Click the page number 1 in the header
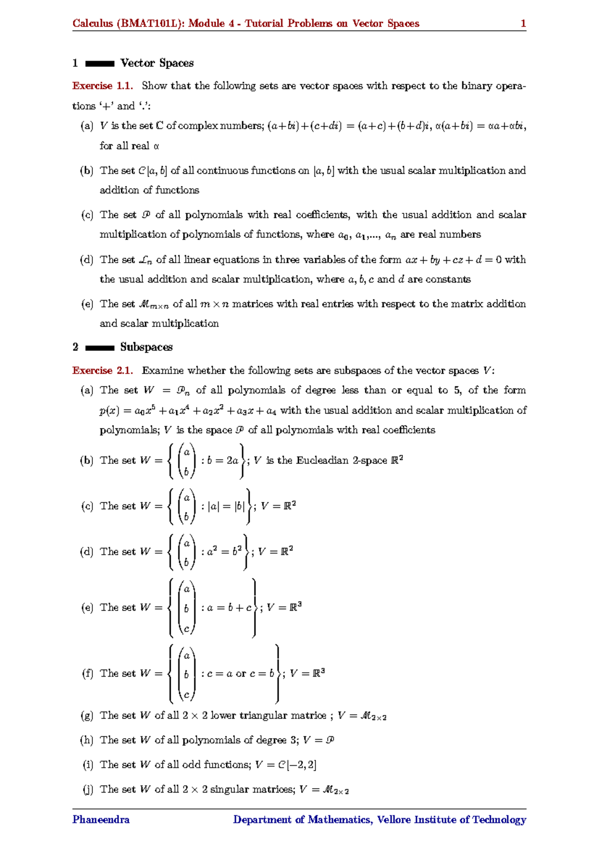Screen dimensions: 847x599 coord(523,23)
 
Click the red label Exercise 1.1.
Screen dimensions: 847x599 coord(102,86)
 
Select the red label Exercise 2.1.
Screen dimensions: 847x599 coord(102,371)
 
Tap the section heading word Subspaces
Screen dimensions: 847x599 coord(146,347)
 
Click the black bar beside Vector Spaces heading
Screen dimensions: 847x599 coord(100,64)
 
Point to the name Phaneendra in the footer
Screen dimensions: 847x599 coord(101,820)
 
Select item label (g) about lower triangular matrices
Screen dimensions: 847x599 coord(87,716)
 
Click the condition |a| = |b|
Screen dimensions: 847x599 coord(226,506)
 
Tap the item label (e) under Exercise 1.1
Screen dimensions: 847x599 coord(87,304)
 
